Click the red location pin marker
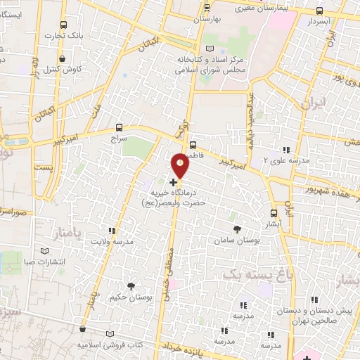(x=181, y=165)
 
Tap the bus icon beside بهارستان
(x=206, y=8)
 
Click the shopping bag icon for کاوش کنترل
(x=64, y=58)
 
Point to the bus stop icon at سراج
(x=118, y=128)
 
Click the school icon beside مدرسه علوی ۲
(x=285, y=149)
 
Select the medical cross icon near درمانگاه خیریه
(x=174, y=181)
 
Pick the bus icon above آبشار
(x=274, y=213)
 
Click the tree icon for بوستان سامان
(x=236, y=229)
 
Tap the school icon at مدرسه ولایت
(x=111, y=230)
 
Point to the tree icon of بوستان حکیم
(x=131, y=285)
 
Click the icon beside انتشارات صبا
(x=46, y=251)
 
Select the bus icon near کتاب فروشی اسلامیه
(x=83, y=328)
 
